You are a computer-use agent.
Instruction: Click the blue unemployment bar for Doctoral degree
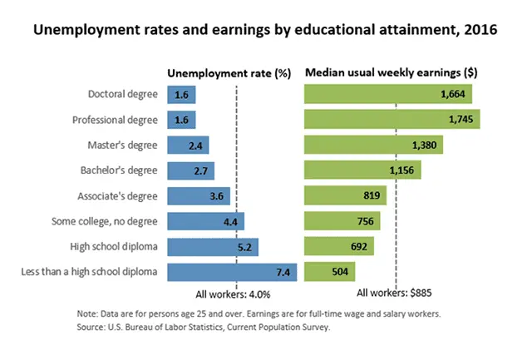(181, 95)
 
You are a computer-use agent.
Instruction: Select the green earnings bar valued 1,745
(392, 120)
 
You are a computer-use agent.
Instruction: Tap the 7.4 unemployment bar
(232, 272)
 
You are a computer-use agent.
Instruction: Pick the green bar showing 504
(330, 272)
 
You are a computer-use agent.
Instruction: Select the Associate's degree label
(121, 196)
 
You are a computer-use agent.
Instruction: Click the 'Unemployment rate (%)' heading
(229, 73)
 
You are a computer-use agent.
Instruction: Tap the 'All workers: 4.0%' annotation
(234, 293)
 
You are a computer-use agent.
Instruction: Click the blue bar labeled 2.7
(190, 171)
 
